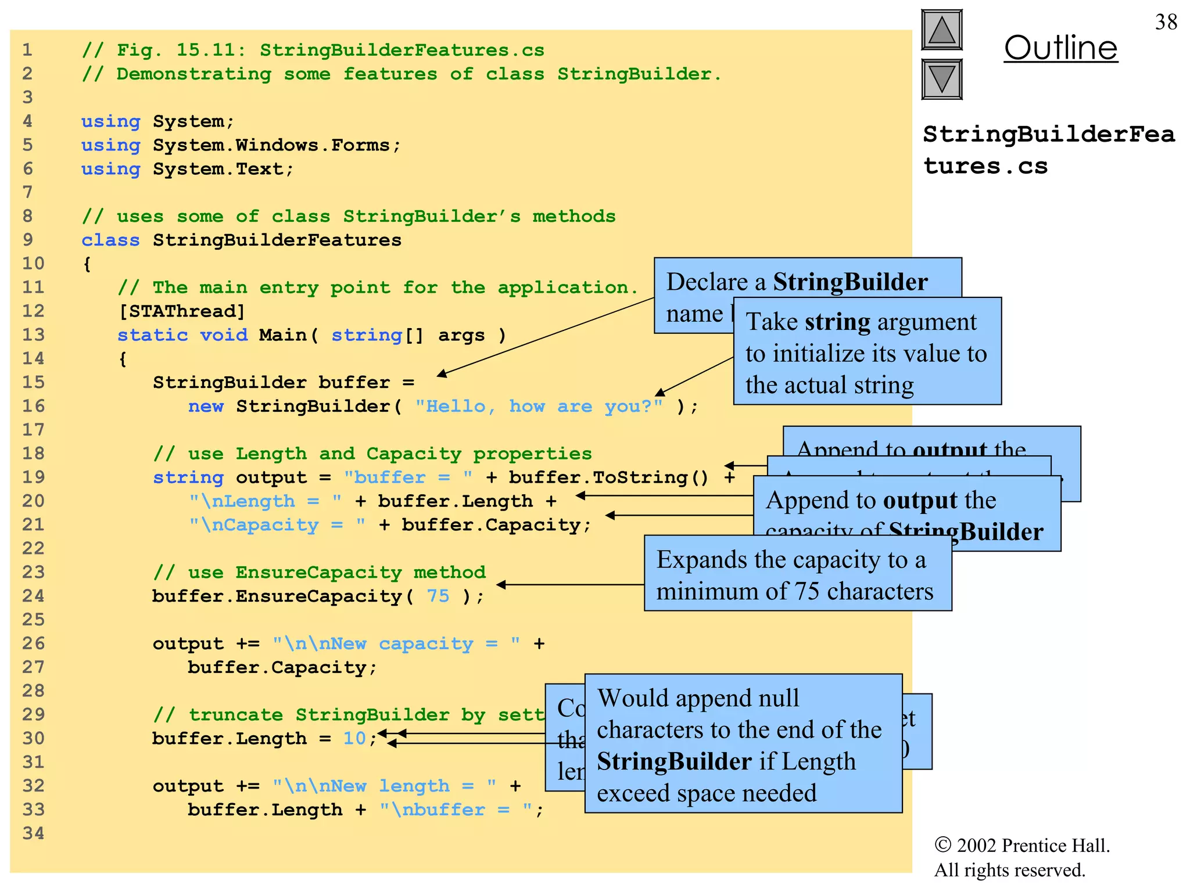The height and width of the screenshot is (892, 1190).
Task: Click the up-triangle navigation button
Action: point(941,30)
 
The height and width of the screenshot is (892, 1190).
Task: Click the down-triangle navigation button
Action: point(941,79)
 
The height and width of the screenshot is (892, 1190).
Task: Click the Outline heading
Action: point(1060,48)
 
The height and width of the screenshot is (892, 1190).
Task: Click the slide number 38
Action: point(1166,22)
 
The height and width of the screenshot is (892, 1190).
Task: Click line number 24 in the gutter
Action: point(33,596)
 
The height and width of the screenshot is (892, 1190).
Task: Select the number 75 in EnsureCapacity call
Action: point(438,596)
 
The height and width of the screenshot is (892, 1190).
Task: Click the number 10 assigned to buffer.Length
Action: point(354,738)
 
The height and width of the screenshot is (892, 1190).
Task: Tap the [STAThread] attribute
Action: point(182,311)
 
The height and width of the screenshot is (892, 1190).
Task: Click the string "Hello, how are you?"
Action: point(539,406)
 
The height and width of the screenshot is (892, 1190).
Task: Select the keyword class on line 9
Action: point(110,240)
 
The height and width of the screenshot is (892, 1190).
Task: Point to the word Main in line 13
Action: point(283,335)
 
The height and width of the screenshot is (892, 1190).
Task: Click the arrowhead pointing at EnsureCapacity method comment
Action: point(501,585)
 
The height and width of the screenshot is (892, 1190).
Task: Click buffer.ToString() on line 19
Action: point(608,477)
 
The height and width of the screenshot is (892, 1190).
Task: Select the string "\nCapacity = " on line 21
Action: point(277,525)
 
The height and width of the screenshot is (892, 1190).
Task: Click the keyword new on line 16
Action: point(206,406)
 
